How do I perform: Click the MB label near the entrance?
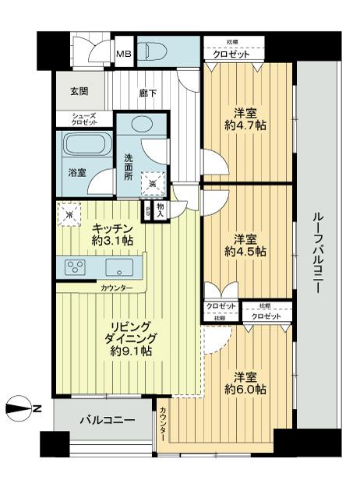pos(123,54)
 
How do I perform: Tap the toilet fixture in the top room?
pos(155,51)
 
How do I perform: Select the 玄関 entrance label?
pos(68,90)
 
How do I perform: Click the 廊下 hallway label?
pos(148,93)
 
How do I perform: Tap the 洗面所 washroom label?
pos(129,166)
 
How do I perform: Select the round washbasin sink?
pos(142,125)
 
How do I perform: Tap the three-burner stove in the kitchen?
pos(76,266)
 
